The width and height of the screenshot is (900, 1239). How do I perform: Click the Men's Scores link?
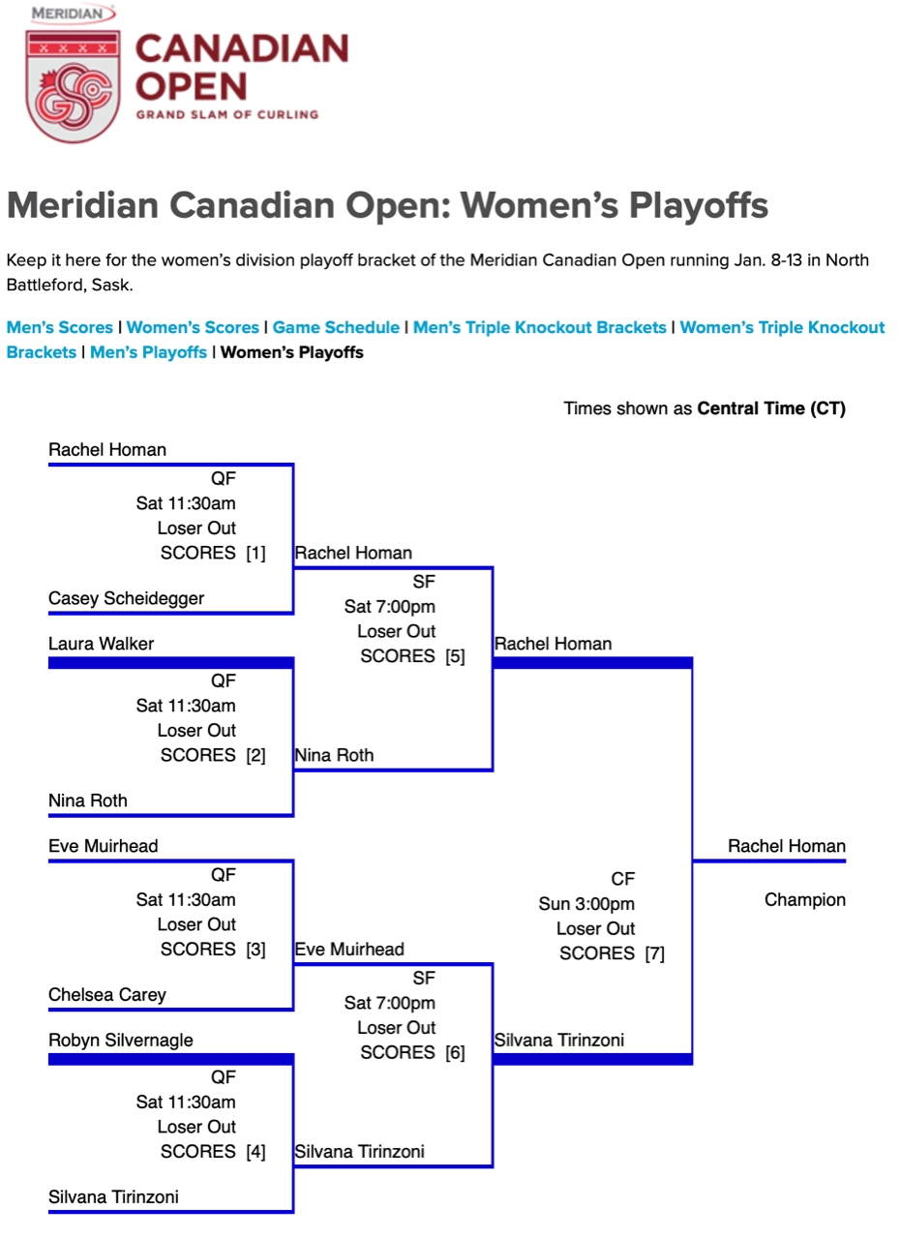click(x=60, y=327)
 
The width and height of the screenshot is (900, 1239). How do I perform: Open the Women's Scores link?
click(x=193, y=327)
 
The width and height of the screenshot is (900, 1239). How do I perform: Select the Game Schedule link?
click(x=336, y=327)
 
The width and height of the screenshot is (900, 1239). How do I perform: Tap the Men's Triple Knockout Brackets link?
click(x=540, y=327)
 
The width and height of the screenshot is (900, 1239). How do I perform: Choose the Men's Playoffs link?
click(x=148, y=352)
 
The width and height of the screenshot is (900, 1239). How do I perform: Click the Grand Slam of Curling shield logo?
click(x=73, y=86)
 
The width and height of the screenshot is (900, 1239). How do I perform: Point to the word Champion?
click(x=805, y=900)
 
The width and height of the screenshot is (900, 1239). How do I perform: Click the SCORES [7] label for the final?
click(x=612, y=953)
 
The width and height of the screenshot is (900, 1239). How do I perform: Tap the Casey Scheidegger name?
click(x=126, y=598)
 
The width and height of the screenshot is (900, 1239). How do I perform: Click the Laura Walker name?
click(x=102, y=644)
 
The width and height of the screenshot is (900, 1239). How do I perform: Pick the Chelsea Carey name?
click(x=107, y=994)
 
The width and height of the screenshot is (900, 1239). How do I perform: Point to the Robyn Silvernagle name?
click(x=121, y=1040)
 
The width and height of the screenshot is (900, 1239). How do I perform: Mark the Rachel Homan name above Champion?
click(x=787, y=846)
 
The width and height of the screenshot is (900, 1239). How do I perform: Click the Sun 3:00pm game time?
click(x=586, y=904)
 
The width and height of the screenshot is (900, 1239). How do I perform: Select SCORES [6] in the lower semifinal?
click(x=413, y=1052)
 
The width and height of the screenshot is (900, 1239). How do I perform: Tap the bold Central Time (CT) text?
click(x=771, y=408)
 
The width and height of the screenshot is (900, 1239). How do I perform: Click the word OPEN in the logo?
click(x=192, y=87)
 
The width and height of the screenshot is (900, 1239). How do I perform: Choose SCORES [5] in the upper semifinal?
click(x=413, y=656)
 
